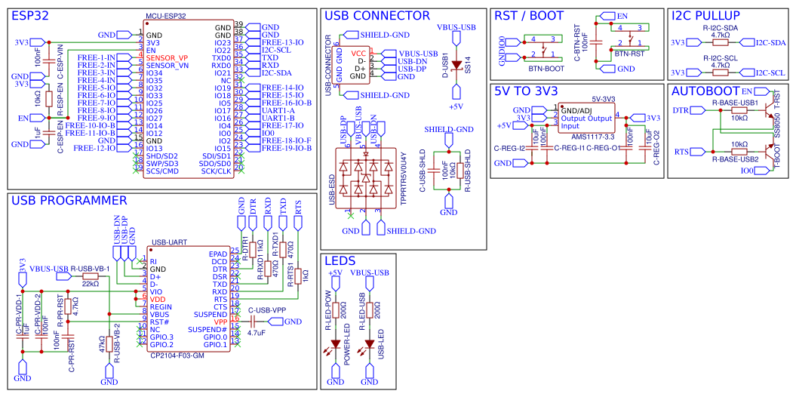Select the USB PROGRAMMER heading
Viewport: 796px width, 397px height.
pyautogui.click(x=68, y=200)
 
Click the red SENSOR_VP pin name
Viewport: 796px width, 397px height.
pyautogui.click(x=167, y=58)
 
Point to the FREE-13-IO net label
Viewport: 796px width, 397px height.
pyautogui.click(x=283, y=43)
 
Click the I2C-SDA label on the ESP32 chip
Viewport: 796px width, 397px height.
pyautogui.click(x=277, y=73)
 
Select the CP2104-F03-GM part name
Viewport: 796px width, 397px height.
pyautogui.click(x=178, y=355)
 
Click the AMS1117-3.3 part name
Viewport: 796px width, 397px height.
pyautogui.click(x=593, y=135)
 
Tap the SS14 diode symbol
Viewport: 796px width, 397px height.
pyautogui.click(x=455, y=65)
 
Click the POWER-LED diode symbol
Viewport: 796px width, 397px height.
pyautogui.click(x=336, y=348)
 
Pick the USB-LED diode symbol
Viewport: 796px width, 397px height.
pyautogui.click(x=369, y=348)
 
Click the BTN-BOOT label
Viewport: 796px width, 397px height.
pyautogui.click(x=546, y=69)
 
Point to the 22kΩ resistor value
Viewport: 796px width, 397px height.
pyautogui.click(x=90, y=284)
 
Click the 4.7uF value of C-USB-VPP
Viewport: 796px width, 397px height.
pyautogui.click(x=256, y=332)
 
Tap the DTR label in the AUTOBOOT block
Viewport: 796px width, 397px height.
pyautogui.click(x=681, y=110)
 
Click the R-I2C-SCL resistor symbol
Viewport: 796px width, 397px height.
pyautogui.click(x=720, y=72)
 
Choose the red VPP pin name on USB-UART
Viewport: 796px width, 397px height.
pyautogui.click(x=220, y=322)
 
